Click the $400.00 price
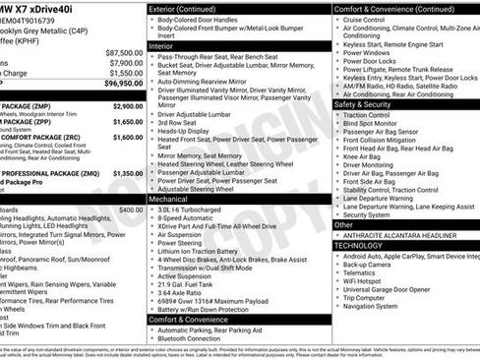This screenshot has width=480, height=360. (131, 210)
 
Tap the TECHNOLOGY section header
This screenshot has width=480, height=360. (363, 245)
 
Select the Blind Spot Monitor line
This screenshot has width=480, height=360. (377, 122)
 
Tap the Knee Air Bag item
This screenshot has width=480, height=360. (367, 155)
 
